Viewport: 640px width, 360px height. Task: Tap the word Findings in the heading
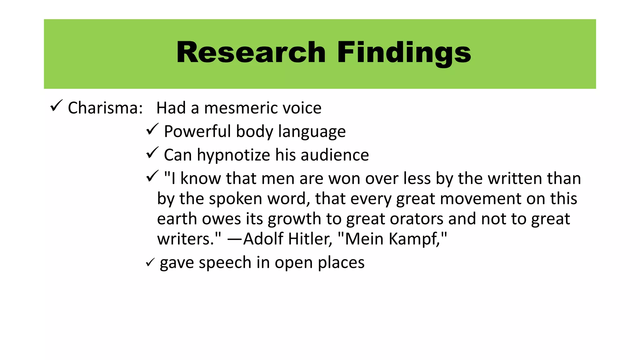coord(404,53)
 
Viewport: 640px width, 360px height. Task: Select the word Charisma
coord(105,108)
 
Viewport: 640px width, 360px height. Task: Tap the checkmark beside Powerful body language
coord(152,129)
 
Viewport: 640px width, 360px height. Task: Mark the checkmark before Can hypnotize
coord(152,153)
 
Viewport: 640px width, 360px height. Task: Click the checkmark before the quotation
coord(152,176)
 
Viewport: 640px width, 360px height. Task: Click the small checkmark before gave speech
coord(150,262)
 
